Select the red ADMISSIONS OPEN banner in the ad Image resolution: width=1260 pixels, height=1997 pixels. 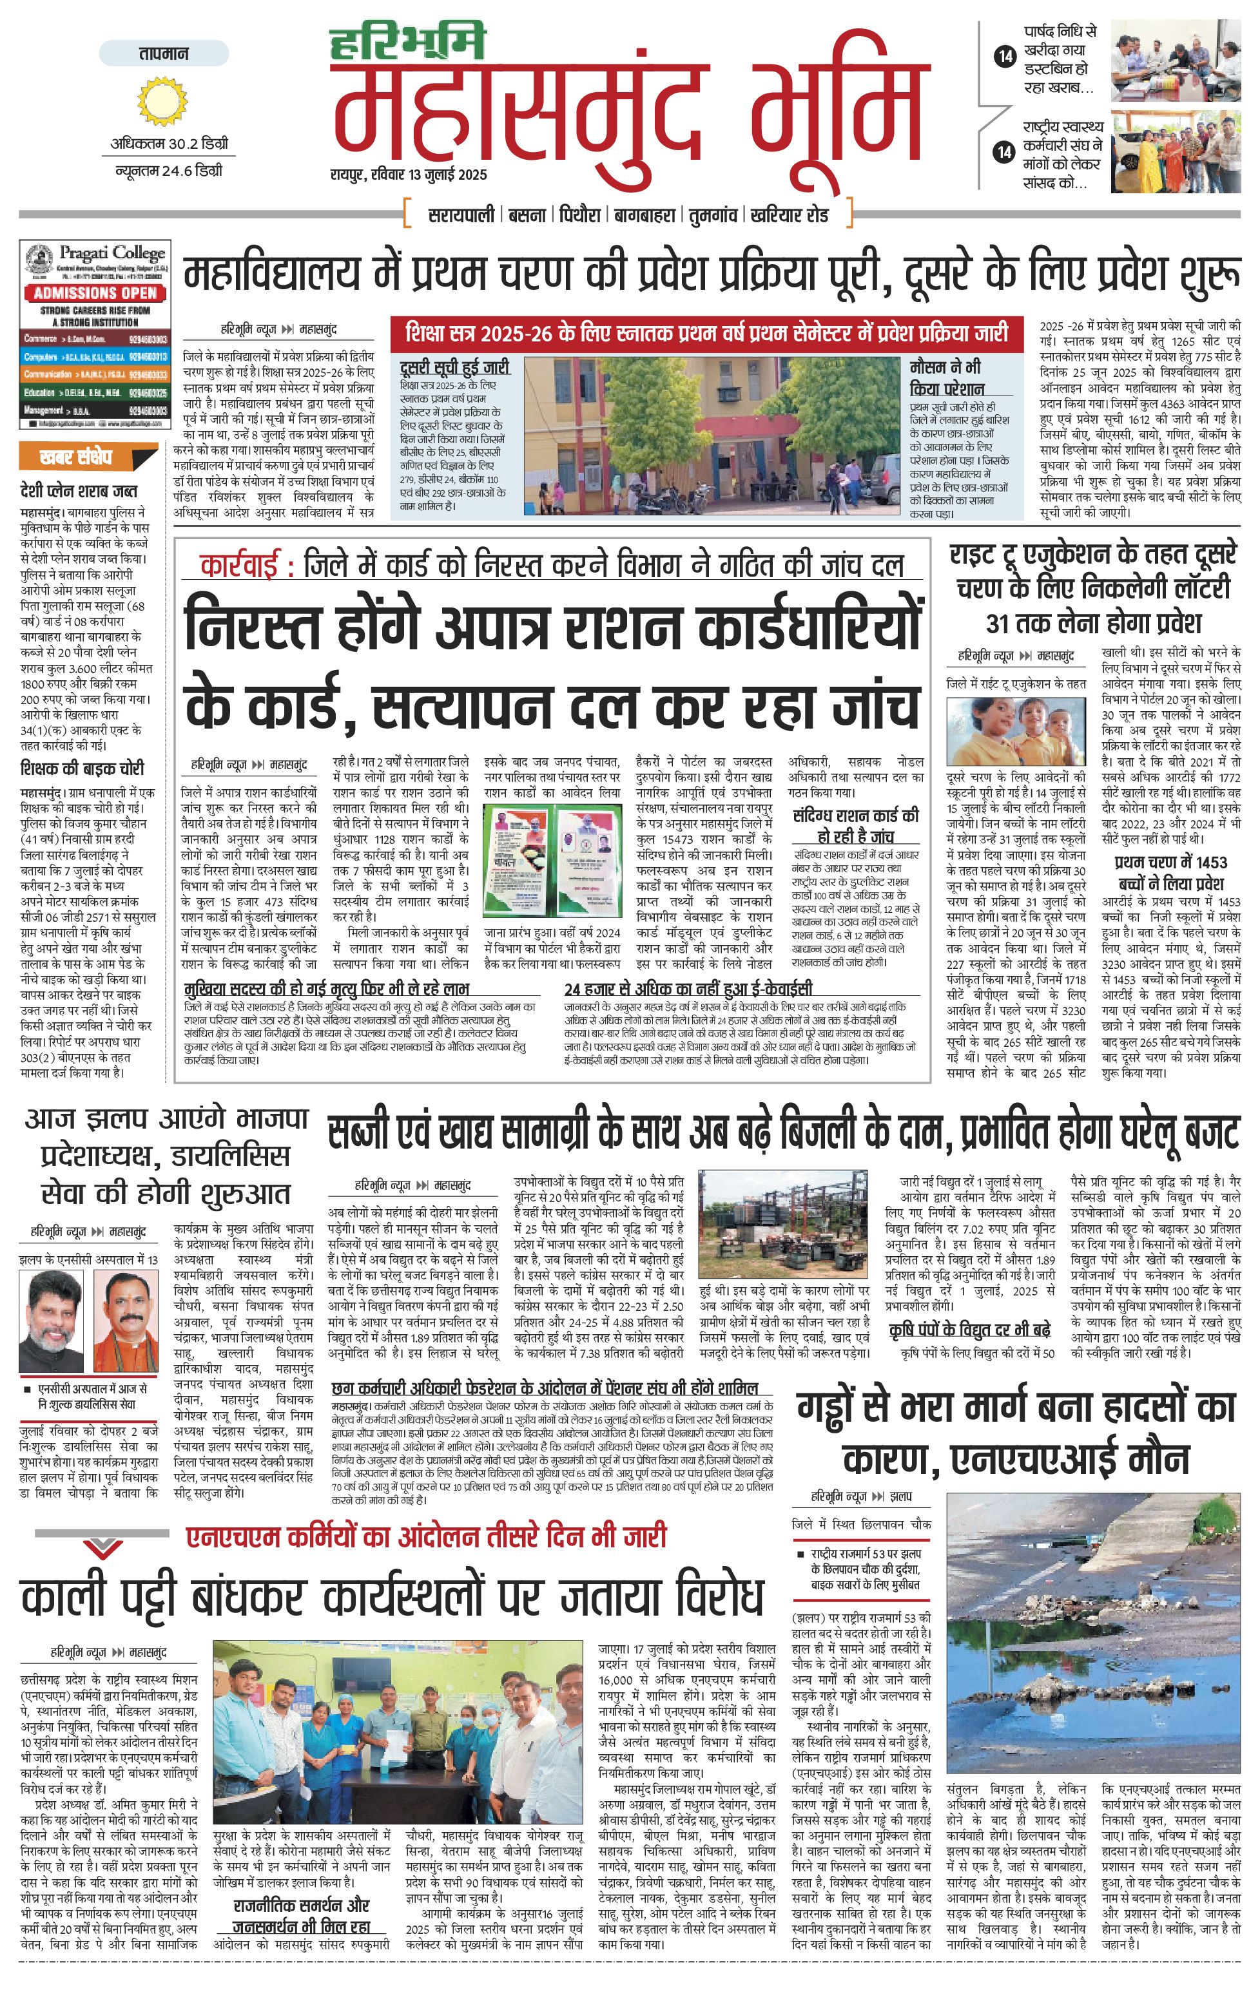95,292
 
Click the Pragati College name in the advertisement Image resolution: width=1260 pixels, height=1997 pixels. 111,253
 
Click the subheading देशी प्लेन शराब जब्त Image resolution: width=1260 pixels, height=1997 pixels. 79,491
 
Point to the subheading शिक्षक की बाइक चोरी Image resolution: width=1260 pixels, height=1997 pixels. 82,769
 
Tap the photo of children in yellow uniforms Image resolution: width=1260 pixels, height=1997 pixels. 1016,731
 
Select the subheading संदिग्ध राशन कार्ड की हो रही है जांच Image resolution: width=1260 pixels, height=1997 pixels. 855,825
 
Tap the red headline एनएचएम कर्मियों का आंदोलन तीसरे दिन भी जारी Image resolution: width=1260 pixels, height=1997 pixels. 425,1536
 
